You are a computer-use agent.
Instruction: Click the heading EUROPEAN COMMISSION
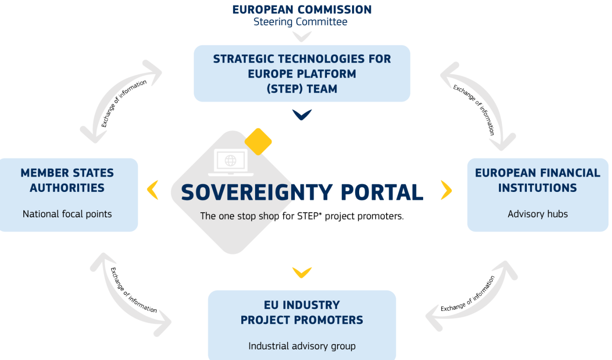click(302, 10)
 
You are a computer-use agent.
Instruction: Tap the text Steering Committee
click(300, 22)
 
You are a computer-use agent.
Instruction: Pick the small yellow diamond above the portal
click(258, 142)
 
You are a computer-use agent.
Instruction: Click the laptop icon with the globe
click(231, 162)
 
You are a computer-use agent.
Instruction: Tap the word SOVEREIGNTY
click(257, 192)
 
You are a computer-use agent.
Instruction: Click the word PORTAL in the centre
click(382, 192)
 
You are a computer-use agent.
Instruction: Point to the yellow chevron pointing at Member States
click(153, 190)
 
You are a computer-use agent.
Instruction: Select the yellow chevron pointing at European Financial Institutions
click(446, 190)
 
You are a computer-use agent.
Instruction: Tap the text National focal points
click(67, 214)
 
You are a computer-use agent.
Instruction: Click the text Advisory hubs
click(538, 214)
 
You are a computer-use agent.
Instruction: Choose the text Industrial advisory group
click(302, 346)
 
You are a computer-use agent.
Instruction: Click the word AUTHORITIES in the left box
click(67, 188)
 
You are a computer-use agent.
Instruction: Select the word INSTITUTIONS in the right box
click(538, 188)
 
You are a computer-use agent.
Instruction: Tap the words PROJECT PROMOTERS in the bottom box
click(302, 320)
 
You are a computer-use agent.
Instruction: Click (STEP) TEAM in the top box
click(302, 89)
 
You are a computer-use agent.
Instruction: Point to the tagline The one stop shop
click(302, 216)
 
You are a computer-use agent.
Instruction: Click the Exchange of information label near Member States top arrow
click(124, 104)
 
